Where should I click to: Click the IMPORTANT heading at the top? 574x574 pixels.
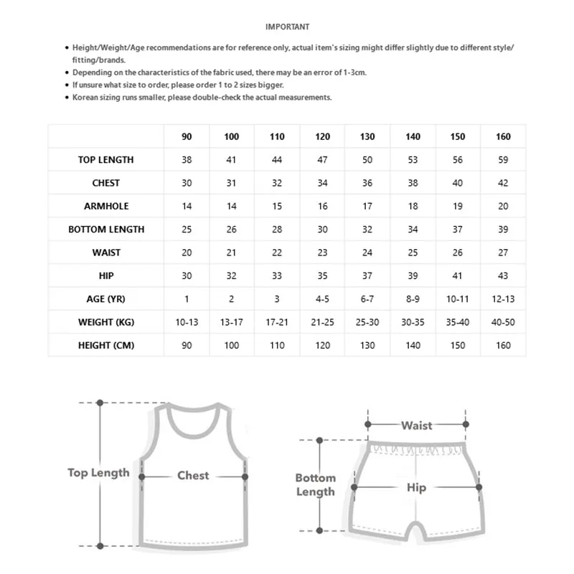(287, 27)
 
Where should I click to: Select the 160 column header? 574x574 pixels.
(502, 136)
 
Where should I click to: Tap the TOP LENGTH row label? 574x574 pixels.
(105, 159)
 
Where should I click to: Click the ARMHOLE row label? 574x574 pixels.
(105, 206)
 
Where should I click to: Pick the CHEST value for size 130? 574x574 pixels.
(367, 183)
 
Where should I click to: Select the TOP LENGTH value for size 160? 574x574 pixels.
(502, 159)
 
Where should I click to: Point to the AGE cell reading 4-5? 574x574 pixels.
(322, 299)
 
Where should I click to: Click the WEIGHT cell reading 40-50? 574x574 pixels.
(502, 322)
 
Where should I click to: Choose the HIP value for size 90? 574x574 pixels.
(187, 276)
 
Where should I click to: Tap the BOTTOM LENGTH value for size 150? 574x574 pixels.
(457, 230)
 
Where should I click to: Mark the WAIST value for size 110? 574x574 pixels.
(277, 253)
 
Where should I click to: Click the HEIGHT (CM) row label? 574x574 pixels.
(105, 345)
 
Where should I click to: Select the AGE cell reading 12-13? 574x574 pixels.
(502, 299)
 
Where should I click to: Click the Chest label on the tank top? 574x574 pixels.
(193, 475)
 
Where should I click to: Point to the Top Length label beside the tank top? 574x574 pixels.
(98, 472)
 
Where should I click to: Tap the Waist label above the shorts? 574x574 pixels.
(416, 425)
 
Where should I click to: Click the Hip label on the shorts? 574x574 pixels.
(416, 487)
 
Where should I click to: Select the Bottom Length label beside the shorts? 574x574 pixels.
(315, 484)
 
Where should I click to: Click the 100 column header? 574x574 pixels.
(232, 136)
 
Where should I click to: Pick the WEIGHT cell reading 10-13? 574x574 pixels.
(187, 322)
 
